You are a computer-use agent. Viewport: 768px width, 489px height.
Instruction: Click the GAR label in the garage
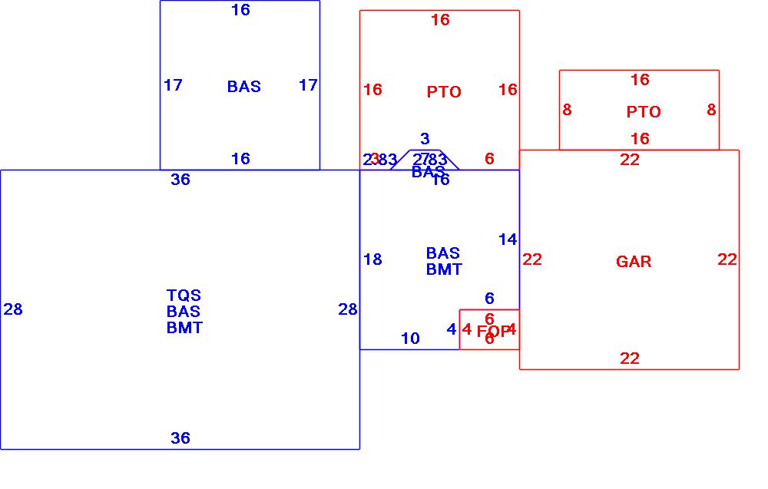[634, 262]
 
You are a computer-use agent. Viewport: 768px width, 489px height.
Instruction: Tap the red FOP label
[493, 332]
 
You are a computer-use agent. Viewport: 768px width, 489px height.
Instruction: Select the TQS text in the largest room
[184, 296]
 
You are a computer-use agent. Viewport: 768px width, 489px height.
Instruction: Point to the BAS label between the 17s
[243, 87]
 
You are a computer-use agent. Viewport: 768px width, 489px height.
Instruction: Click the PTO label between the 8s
[643, 112]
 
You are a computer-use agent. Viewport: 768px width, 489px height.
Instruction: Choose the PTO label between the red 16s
[444, 92]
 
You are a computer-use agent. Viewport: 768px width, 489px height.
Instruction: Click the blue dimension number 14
[508, 240]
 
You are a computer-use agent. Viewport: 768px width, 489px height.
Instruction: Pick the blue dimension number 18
[372, 259]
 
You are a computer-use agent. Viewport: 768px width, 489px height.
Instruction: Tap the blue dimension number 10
[410, 338]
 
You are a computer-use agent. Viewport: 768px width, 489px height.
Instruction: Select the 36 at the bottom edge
[180, 438]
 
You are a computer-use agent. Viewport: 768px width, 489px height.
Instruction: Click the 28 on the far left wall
[13, 309]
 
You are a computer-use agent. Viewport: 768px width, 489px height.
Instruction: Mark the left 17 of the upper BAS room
[173, 85]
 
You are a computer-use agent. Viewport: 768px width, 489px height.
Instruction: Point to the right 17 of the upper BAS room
[308, 85]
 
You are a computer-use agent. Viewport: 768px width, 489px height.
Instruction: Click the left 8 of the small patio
[567, 110]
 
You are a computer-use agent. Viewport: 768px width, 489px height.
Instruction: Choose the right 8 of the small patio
[711, 110]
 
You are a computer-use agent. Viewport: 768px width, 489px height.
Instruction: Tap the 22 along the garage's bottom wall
[630, 358]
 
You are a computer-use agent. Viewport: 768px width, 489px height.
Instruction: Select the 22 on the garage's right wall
[727, 259]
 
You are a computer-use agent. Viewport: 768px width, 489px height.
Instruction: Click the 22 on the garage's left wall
[532, 259]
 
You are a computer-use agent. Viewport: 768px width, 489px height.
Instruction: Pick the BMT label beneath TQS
[184, 328]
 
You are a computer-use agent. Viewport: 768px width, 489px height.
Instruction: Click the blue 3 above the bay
[425, 139]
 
